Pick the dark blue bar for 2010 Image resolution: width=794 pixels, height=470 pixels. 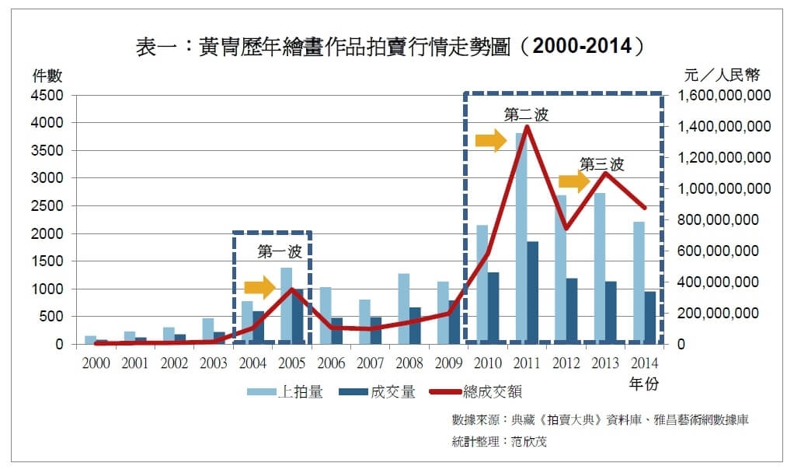click(493, 308)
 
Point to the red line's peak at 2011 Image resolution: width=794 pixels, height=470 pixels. click(527, 127)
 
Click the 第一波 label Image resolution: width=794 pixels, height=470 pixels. click(277, 252)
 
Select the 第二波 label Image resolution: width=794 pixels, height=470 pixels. click(526, 115)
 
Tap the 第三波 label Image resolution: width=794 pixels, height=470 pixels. click(601, 164)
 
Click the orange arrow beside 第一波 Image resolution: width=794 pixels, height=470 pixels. click(259, 287)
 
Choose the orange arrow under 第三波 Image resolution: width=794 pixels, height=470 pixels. click(574, 182)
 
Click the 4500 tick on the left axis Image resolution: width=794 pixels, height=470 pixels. click(47, 95)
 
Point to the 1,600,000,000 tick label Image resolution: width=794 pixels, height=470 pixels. click(723, 95)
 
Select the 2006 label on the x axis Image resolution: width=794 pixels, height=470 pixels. click(331, 363)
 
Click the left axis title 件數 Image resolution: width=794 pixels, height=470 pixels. click(47, 75)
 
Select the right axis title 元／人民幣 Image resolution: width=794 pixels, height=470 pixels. click(722, 75)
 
